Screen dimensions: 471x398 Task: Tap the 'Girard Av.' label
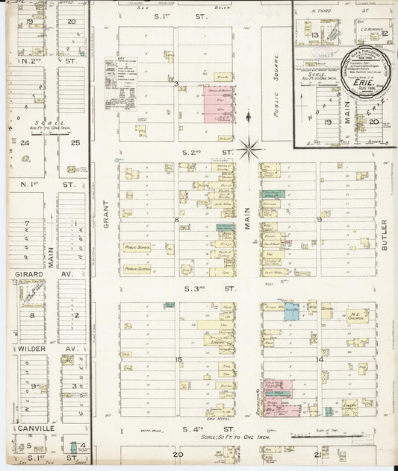(x=30, y=274)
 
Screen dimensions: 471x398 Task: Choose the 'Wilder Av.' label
(x=30, y=349)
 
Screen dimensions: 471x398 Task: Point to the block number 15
(x=178, y=359)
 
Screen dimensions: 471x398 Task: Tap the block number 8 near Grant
(x=176, y=220)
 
